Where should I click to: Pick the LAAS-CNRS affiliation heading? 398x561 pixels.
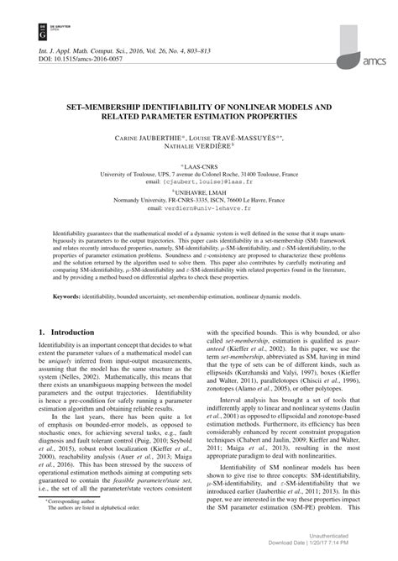click(200, 165)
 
